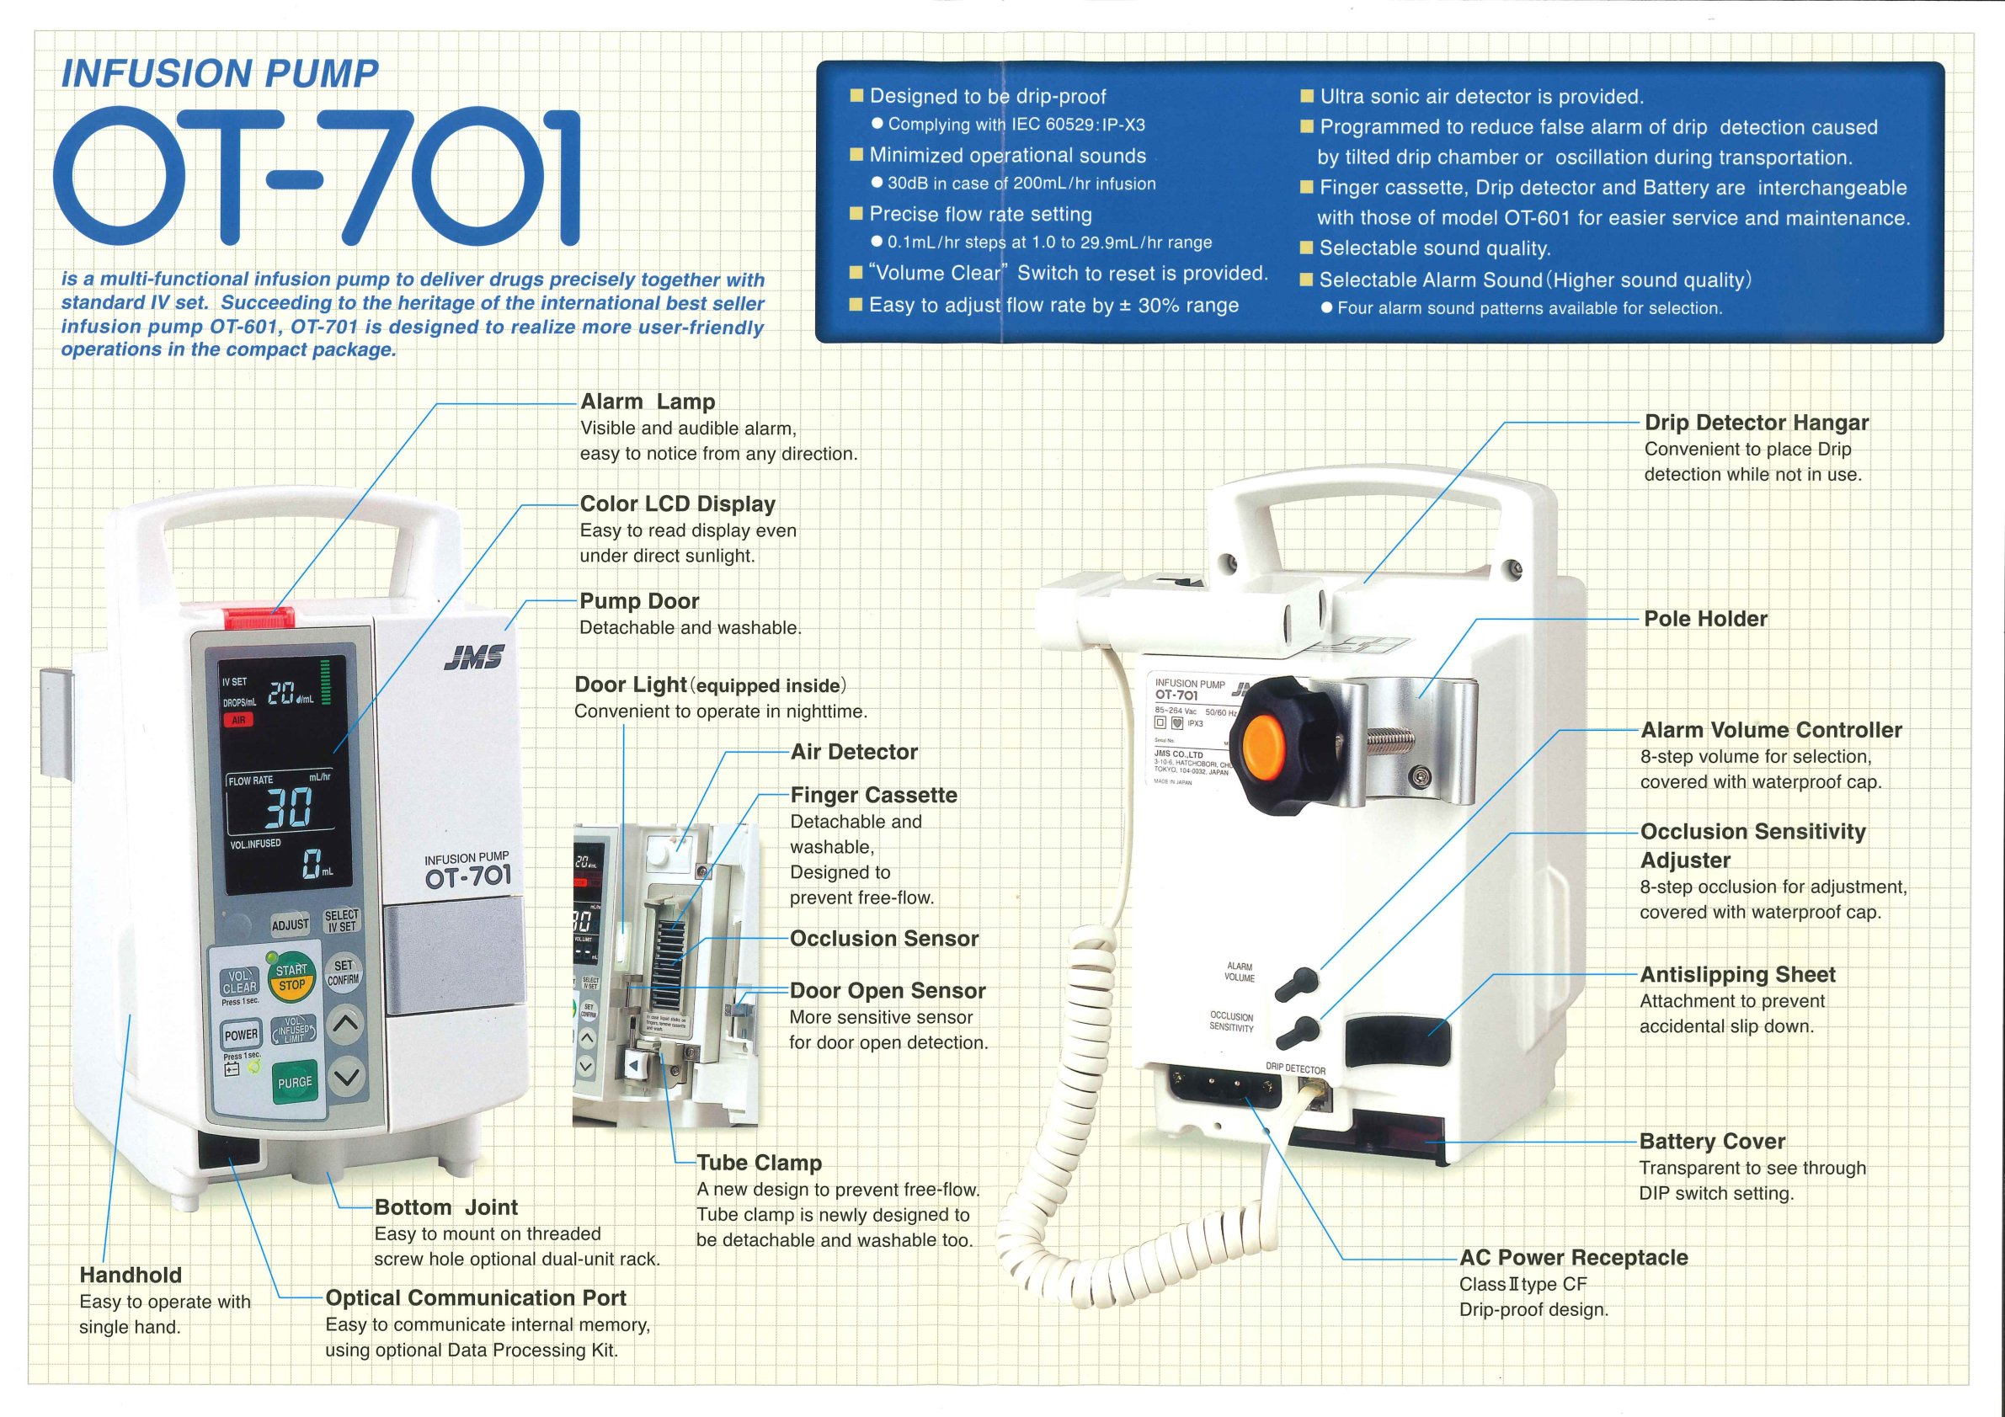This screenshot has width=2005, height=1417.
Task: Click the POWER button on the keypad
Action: click(x=241, y=1035)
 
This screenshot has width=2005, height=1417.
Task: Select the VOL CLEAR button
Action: click(x=239, y=982)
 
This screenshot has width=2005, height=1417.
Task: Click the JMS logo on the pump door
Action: click(x=473, y=658)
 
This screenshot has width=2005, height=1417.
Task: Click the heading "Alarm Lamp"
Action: click(x=648, y=402)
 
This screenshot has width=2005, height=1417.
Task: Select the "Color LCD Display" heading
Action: click(x=678, y=503)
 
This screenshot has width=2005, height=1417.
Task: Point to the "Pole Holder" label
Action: click(x=1705, y=619)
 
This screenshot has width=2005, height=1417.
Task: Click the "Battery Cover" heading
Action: click(x=1712, y=1141)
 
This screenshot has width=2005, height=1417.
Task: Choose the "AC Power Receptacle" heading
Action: click(x=1574, y=1257)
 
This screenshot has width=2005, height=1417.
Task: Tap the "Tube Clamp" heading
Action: click(x=759, y=1163)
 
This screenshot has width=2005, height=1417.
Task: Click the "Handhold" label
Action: click(x=131, y=1275)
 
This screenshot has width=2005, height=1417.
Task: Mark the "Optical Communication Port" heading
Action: click(x=476, y=1297)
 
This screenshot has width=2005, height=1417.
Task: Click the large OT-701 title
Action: click(x=317, y=178)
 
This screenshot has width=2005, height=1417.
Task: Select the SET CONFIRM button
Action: click(x=344, y=972)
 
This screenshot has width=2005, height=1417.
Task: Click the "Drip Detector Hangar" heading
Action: click(x=1757, y=423)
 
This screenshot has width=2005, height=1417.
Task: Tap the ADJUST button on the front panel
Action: click(x=290, y=925)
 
